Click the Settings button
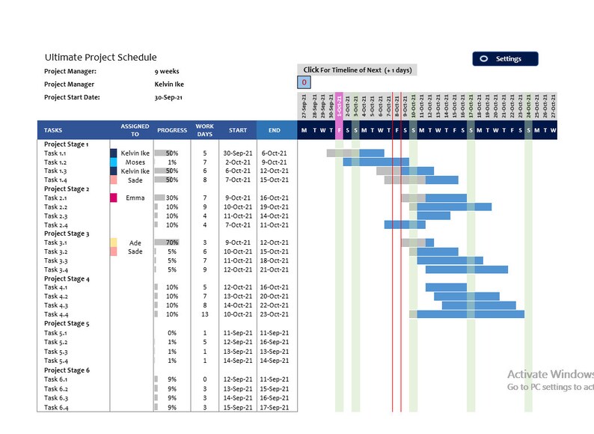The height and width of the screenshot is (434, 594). coord(504,59)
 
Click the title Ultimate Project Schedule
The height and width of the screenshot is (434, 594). coord(100,57)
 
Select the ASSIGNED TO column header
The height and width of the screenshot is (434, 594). coord(135,130)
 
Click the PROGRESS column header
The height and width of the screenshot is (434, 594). coord(172,130)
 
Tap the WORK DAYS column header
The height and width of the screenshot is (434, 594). coord(204,130)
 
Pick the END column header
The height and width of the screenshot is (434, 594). coord(275,130)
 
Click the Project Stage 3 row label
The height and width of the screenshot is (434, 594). coord(67,234)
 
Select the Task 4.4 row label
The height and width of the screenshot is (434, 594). coord(56,315)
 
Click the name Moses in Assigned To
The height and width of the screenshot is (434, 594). coord(135,162)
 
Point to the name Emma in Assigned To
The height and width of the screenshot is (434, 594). coord(135,198)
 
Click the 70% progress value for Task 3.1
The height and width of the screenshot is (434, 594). coord(172,243)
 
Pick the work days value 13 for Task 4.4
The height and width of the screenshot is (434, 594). coord(204,315)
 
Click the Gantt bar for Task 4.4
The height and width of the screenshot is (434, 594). coord(470,314)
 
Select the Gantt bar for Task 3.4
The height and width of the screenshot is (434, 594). coord(466,269)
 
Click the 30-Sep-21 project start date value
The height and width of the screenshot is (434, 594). coord(169,97)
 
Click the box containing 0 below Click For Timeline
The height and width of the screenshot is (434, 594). coord(304,82)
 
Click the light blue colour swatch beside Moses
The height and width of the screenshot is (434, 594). coord(114,162)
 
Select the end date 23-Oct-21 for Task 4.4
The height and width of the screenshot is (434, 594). coord(275,315)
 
